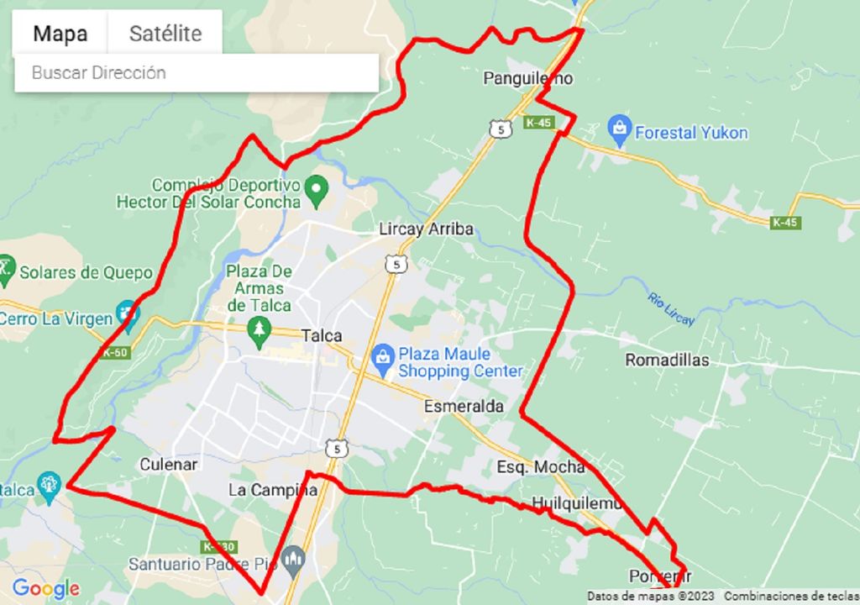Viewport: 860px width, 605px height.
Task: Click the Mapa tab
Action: point(60,34)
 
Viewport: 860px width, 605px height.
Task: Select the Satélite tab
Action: point(165,34)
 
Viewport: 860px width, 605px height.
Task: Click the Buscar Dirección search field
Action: point(197,73)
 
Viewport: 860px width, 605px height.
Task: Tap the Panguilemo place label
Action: point(527,79)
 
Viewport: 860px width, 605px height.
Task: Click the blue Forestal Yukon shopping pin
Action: point(620,130)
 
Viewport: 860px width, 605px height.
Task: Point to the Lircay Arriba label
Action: point(426,229)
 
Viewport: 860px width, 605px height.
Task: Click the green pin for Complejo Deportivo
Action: point(317,190)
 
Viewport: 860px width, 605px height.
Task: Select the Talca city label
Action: point(322,336)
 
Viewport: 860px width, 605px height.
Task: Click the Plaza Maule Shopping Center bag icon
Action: point(383,360)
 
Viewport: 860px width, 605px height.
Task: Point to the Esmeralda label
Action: point(464,407)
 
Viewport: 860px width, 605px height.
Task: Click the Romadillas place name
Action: point(667,360)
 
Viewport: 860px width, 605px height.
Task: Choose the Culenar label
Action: point(168,465)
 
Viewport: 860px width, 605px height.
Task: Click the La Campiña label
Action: point(273,490)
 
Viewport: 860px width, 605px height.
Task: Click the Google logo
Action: point(45,589)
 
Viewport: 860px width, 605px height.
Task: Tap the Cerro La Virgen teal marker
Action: point(128,314)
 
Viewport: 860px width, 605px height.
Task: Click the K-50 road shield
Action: point(115,353)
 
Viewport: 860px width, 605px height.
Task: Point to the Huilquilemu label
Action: point(577,504)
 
